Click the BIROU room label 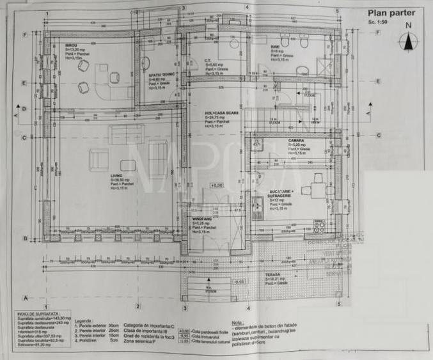click(71, 46)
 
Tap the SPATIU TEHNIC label click(159, 75)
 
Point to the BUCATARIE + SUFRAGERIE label click(284, 193)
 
